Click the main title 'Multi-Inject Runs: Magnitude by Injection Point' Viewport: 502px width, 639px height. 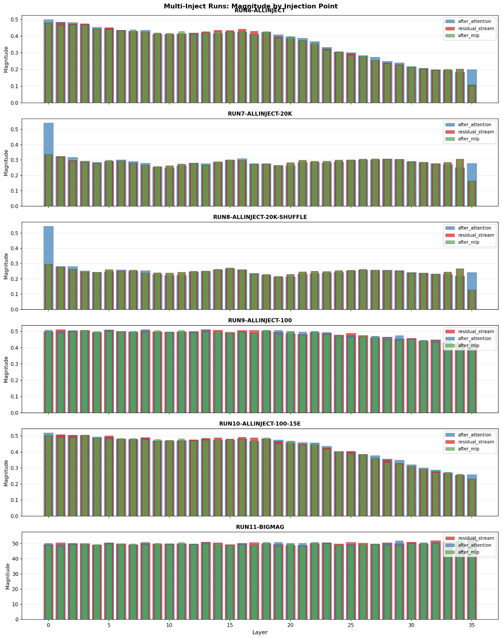251,6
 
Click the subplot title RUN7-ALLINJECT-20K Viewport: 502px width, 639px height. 260,114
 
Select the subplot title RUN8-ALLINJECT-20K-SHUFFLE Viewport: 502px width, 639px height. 260,217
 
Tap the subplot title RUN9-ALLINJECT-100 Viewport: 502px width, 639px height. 260,320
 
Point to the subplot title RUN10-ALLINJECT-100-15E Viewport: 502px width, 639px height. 260,424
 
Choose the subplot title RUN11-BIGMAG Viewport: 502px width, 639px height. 260,527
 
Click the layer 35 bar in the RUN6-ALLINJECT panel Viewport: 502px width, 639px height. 472,87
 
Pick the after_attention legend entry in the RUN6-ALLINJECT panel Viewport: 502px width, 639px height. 474,22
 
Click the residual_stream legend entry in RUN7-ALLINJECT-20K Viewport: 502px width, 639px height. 475,132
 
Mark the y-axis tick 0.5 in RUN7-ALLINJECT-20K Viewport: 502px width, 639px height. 15,129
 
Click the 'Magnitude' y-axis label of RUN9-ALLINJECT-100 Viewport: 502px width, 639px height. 6,369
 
